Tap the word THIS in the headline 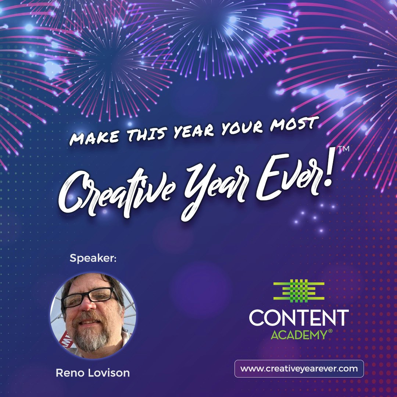(142, 133)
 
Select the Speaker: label (93, 259)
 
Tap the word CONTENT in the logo (298, 318)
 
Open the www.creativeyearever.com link (299, 369)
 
